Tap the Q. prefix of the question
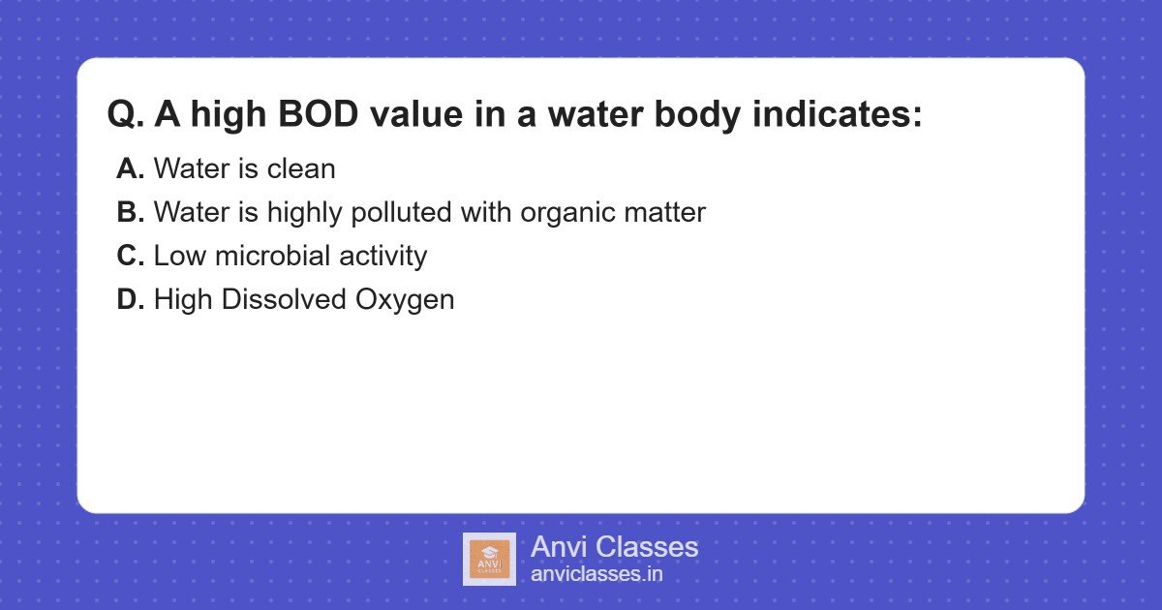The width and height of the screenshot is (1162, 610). [126, 115]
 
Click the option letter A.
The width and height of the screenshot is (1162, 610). [129, 168]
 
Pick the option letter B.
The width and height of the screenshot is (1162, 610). [129, 212]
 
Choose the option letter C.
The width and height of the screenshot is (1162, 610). [129, 256]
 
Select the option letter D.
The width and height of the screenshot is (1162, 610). [129, 299]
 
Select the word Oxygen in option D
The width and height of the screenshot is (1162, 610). [405, 299]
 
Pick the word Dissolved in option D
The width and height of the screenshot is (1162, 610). [284, 299]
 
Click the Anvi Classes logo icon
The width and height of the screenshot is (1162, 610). [489, 559]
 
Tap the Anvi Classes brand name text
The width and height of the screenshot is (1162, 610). [614, 547]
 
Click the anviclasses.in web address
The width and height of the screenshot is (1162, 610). [596, 574]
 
